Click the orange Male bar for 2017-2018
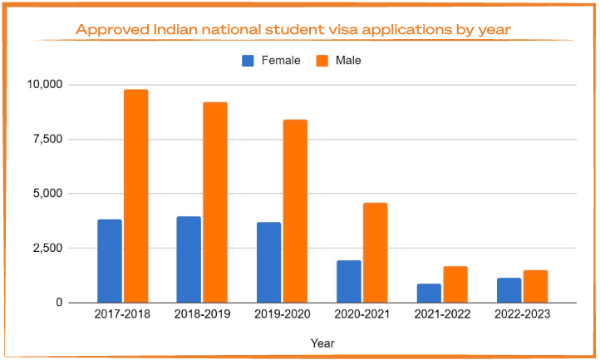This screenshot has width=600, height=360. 135,196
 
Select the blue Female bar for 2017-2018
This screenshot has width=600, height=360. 110,261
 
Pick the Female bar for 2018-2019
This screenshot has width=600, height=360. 189,259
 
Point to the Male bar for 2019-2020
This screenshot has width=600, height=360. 295,211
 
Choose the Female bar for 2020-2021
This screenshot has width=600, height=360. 349,282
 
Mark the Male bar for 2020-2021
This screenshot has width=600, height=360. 375,253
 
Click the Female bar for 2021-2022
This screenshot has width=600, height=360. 429,293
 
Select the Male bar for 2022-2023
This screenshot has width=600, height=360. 535,287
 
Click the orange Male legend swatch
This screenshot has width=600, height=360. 323,60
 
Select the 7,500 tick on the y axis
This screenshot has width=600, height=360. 47,139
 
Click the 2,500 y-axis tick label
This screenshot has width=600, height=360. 47,249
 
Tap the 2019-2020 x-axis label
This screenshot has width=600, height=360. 282,316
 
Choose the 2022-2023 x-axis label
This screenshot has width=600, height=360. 523,316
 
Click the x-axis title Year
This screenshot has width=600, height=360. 322,343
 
